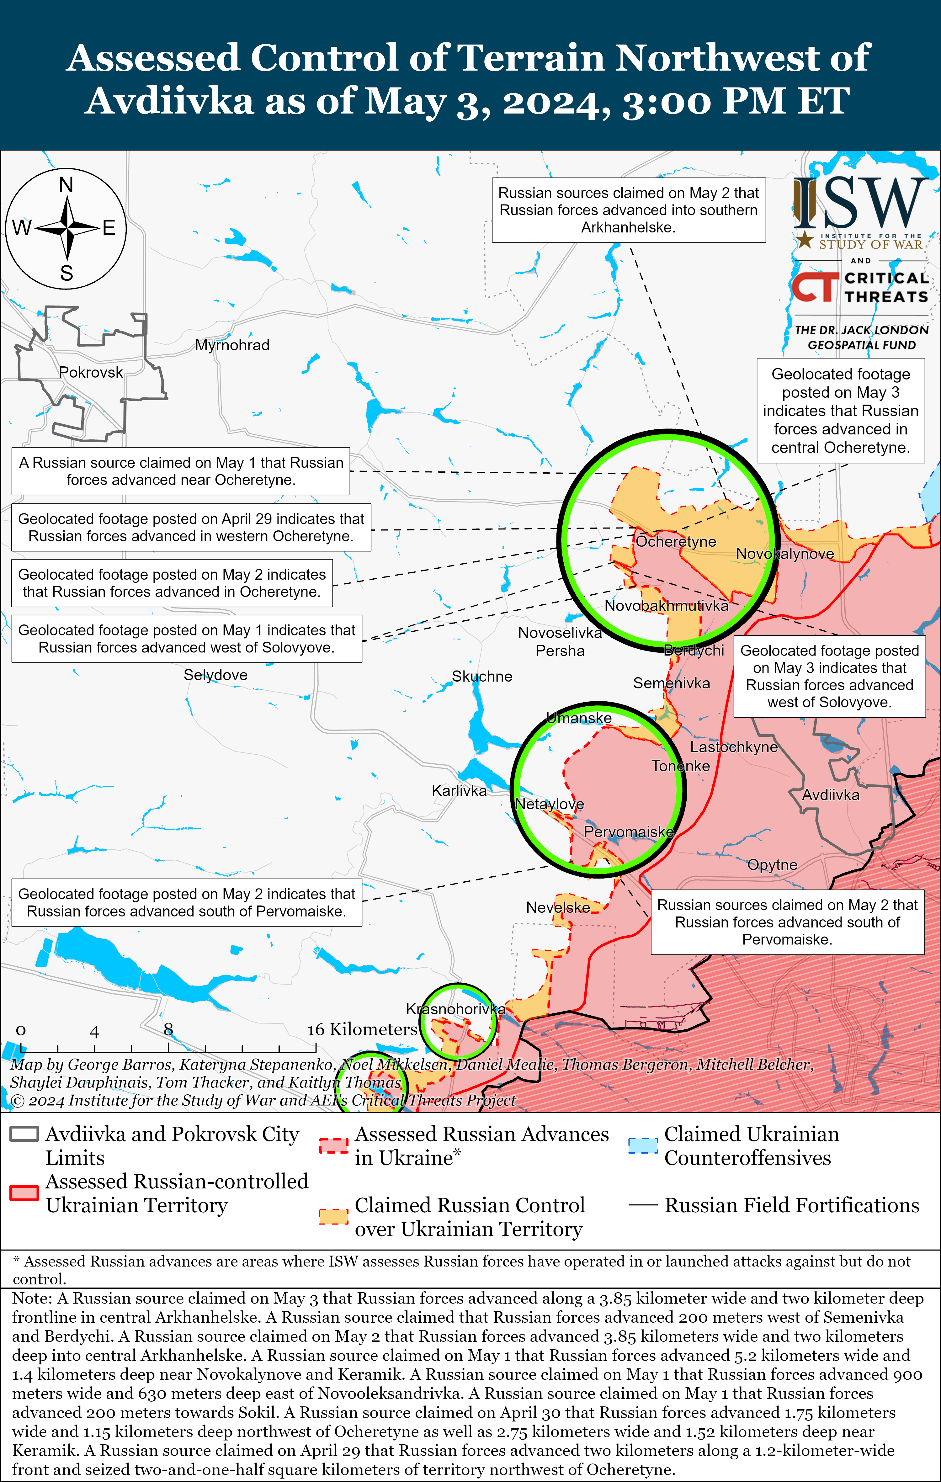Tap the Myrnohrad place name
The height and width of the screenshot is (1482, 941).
232,345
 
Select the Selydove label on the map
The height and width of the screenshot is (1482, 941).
215,675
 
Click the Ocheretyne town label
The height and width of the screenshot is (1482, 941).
676,542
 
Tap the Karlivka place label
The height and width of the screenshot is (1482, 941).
459,791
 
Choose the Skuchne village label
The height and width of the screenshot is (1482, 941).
482,676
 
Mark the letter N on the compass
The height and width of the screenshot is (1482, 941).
66,185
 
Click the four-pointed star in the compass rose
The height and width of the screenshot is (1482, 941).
66,228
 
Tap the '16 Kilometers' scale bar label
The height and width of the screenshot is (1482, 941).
362,1030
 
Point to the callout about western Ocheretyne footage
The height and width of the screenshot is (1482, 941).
191,528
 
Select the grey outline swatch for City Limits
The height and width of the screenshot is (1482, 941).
24,1134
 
